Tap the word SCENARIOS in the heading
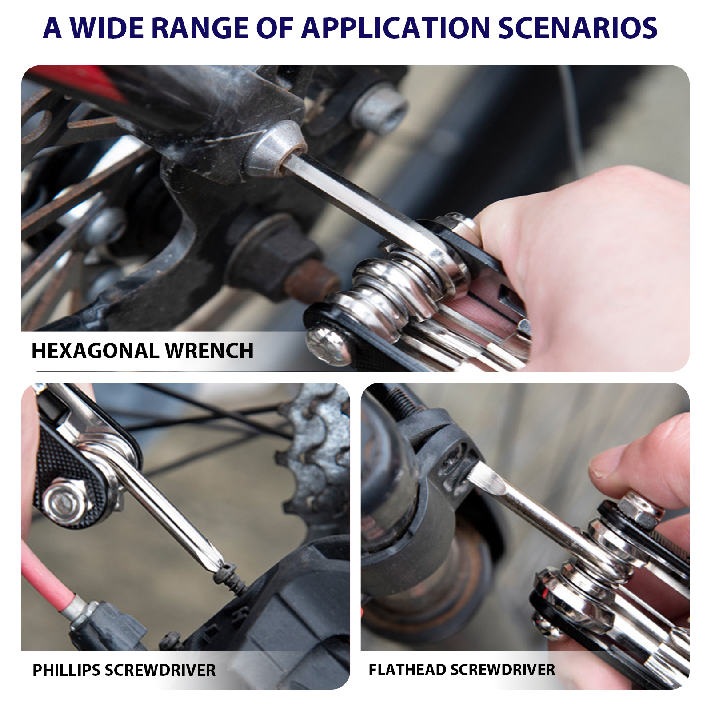point(578,28)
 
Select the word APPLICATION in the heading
point(396,28)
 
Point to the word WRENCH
point(209,351)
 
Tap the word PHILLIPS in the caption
point(66,670)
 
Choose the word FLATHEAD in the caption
point(407,670)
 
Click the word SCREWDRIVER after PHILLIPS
point(160,670)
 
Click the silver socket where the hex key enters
point(273,149)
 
